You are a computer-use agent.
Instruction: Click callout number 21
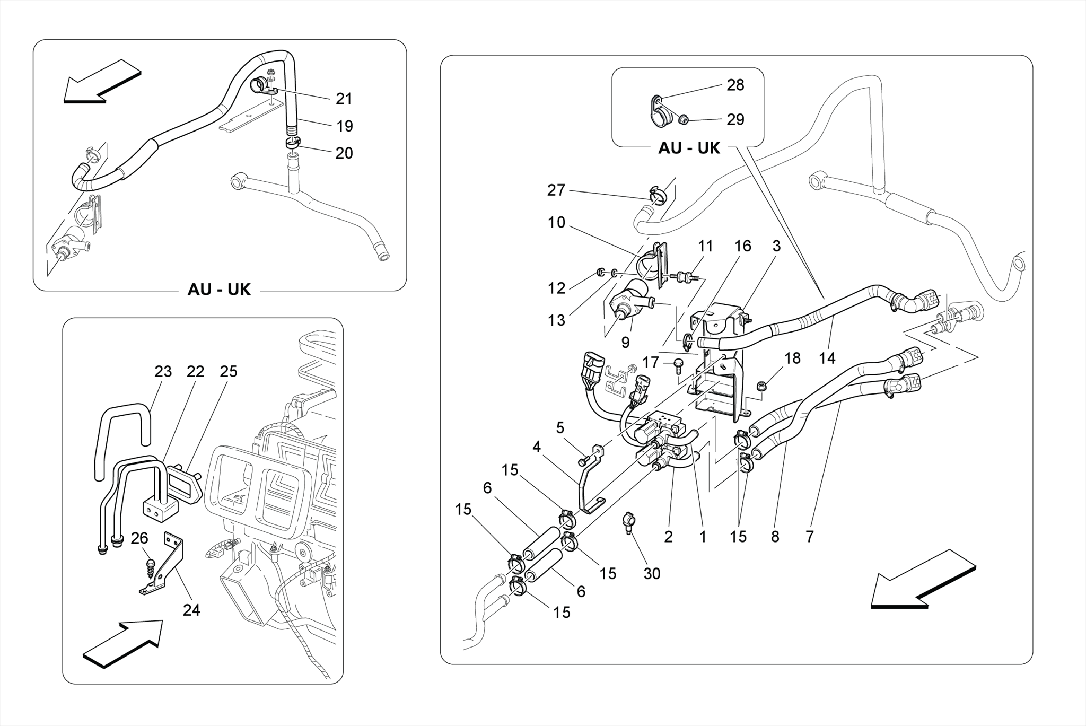coord(344,99)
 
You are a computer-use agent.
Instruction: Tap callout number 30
coord(652,573)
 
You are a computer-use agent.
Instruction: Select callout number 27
coord(556,190)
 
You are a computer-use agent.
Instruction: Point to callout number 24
coord(191,610)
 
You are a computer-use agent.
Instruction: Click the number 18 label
coord(792,358)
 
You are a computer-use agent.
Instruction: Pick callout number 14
coord(827,358)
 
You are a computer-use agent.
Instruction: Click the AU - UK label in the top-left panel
coord(219,290)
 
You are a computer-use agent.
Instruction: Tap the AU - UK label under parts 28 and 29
coord(689,148)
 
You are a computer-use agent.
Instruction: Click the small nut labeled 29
coord(684,120)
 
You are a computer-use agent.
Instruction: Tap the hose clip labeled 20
coord(292,142)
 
